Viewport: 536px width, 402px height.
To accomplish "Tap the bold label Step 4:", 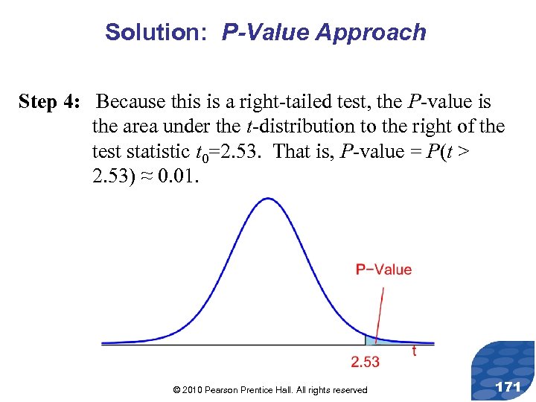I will click(x=52, y=102).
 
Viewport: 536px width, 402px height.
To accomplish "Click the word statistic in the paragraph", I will click(x=154, y=151).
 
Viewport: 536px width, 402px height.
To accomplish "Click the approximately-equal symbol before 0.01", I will click(x=142, y=176).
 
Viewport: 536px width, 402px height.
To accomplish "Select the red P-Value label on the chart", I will click(x=383, y=269).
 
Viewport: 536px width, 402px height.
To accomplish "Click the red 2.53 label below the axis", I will click(x=365, y=362).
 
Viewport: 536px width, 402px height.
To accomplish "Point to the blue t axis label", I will click(x=414, y=351).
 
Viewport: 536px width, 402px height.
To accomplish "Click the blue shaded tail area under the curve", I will click(x=371, y=340).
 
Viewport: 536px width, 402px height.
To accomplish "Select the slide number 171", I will click(x=508, y=387).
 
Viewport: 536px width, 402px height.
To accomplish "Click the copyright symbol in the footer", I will click(x=176, y=390).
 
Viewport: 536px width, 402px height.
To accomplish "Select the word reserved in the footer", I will click(x=349, y=390).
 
